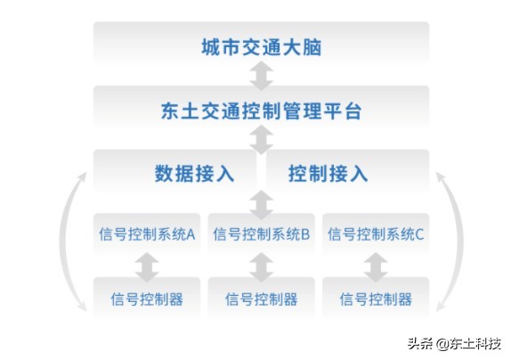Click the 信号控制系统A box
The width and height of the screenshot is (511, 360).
pos(147,235)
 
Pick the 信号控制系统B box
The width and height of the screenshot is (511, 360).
pos(261,235)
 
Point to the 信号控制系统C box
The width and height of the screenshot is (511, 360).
pos(375,235)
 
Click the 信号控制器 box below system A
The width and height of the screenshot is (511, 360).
pos(147,299)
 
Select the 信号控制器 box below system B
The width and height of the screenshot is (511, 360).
pos(261,299)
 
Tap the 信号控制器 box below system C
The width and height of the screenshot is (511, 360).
pos(375,299)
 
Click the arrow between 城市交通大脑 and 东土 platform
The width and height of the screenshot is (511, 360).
pos(261,78)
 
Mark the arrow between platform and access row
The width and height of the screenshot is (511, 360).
pos(261,140)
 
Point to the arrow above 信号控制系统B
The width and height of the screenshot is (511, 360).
pos(261,204)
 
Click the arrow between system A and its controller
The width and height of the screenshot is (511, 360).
pos(147,266)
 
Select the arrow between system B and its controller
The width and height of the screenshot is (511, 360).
pos(261,266)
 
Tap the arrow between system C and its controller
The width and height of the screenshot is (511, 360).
pos(375,266)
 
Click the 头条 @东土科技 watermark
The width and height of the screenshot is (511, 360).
pos(454,344)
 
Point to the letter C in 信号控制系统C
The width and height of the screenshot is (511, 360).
pos(419,235)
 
